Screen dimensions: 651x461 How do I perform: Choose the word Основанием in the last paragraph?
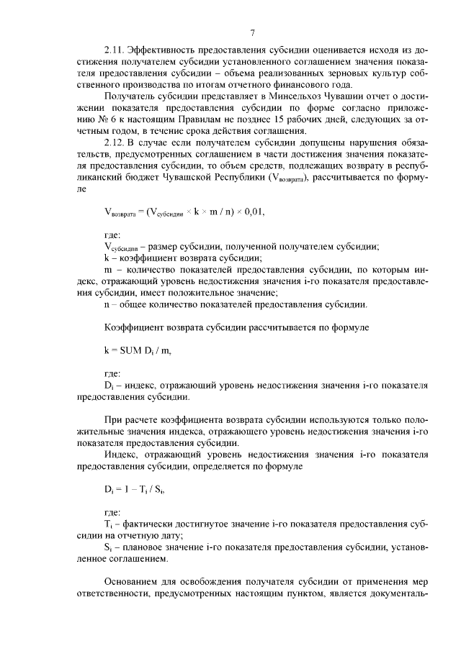[x=135, y=581]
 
